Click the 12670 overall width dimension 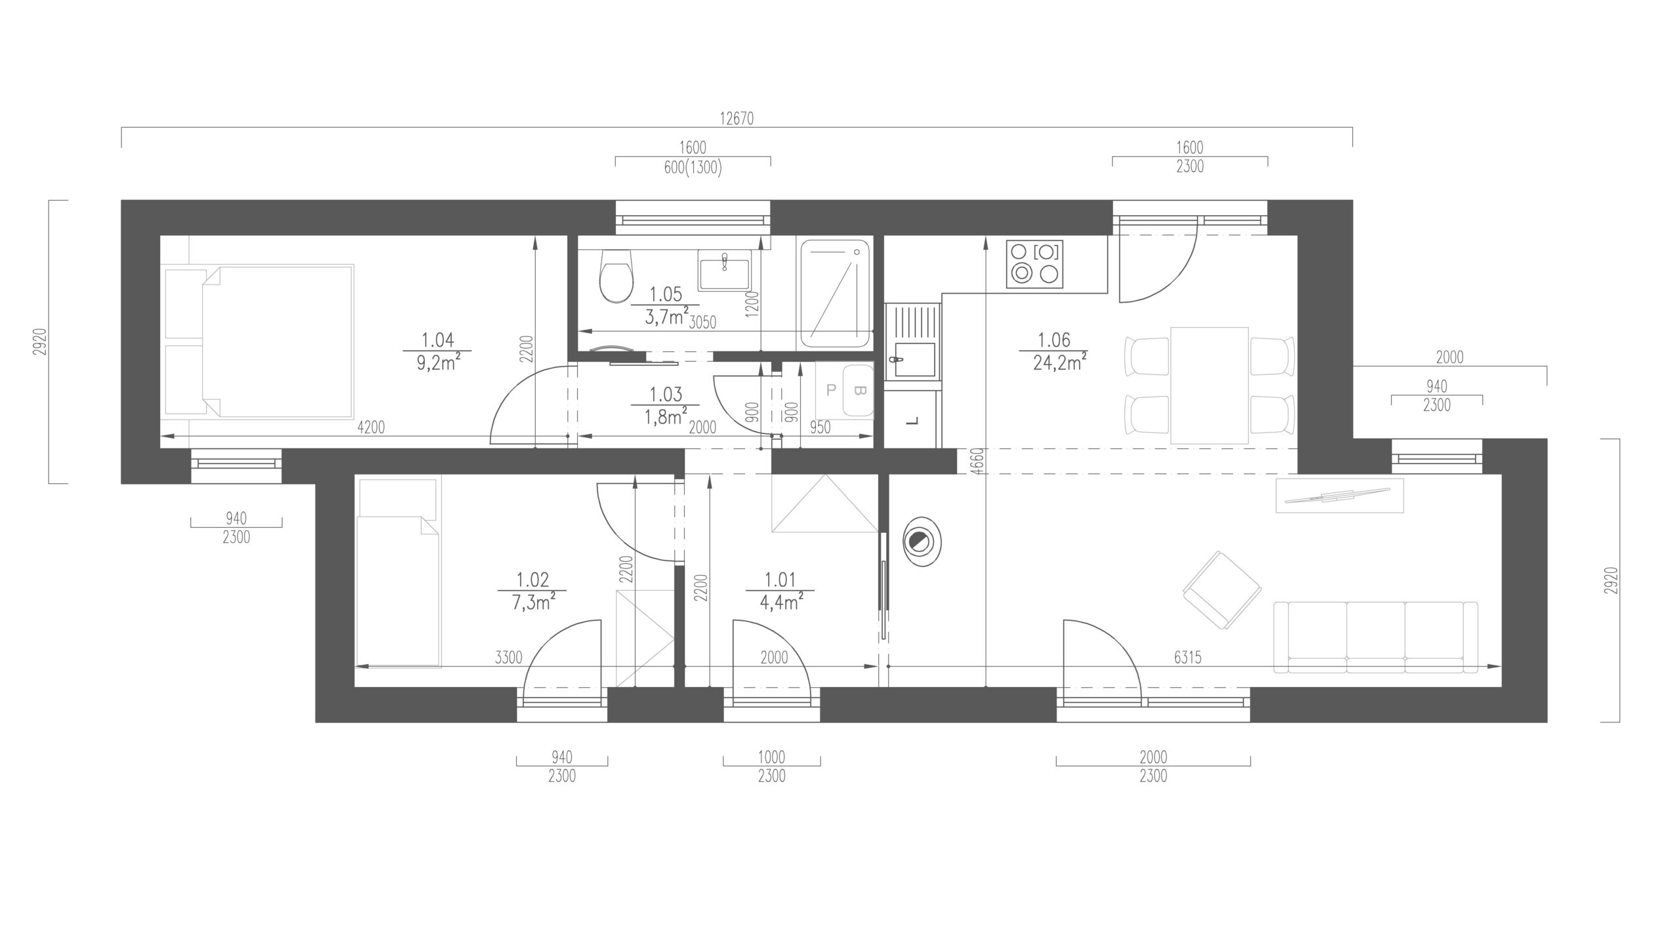737,119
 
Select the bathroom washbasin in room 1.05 724,271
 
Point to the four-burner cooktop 1035,264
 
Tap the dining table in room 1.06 1209,385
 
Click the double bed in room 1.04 260,341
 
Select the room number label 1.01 780,580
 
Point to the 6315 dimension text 1188,658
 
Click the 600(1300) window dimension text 693,168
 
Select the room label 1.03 666,395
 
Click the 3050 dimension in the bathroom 702,322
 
